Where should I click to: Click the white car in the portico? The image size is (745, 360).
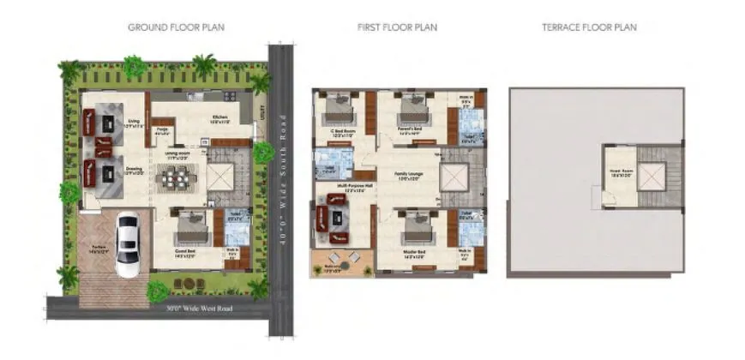click(x=128, y=247)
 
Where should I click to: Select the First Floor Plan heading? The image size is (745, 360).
click(x=397, y=27)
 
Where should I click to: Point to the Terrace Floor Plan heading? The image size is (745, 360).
click(x=589, y=27)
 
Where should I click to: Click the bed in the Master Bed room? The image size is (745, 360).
click(x=417, y=228)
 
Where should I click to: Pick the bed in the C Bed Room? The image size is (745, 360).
click(x=340, y=110)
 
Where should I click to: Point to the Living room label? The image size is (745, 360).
click(x=134, y=123)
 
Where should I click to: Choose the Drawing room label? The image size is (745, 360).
click(x=134, y=171)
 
